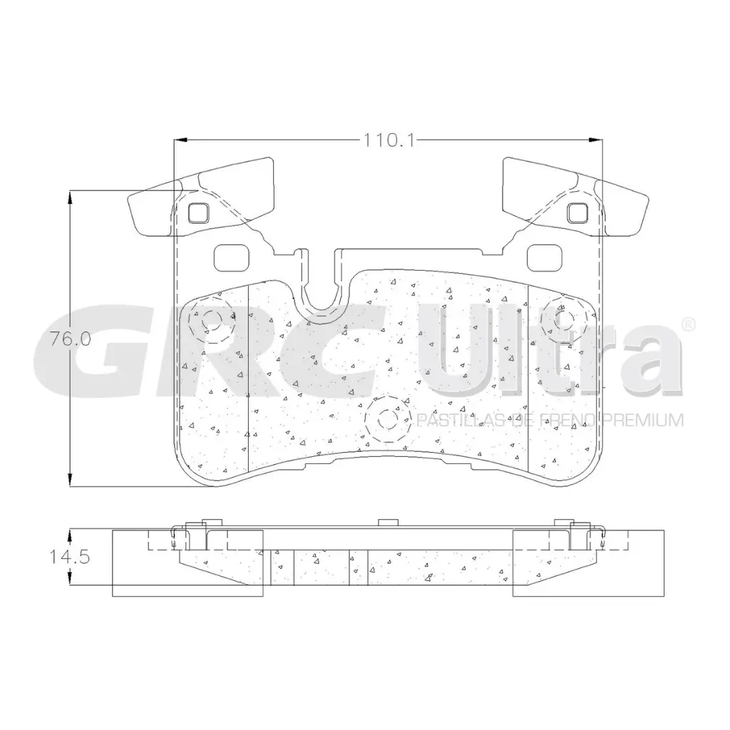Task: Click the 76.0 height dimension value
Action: pos(70,339)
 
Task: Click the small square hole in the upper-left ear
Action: pos(197,212)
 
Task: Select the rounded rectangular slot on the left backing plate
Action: pos(229,257)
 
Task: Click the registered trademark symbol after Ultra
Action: pos(688,324)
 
